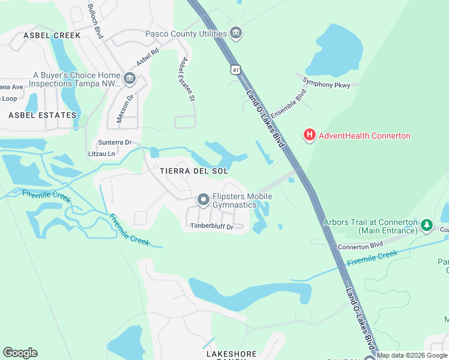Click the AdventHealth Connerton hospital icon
pyautogui.click(x=310, y=135)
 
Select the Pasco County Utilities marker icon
pyautogui.click(x=236, y=34)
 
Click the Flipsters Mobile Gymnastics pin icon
pyautogui.click(x=203, y=200)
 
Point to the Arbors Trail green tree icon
pyautogui.click(x=427, y=226)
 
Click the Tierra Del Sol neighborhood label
pyautogui.click(x=194, y=171)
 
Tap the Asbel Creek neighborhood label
pyautogui.click(x=52, y=35)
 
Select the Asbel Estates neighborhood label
pyautogui.click(x=43, y=115)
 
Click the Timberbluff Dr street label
pyautogui.click(x=211, y=226)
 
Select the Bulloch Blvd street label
pyautogui.click(x=95, y=21)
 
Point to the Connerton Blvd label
pyautogui.click(x=360, y=246)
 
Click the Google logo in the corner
pyautogui.click(x=20, y=353)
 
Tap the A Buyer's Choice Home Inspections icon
pyautogui.click(x=129, y=79)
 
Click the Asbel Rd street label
pyautogui.click(x=147, y=57)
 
